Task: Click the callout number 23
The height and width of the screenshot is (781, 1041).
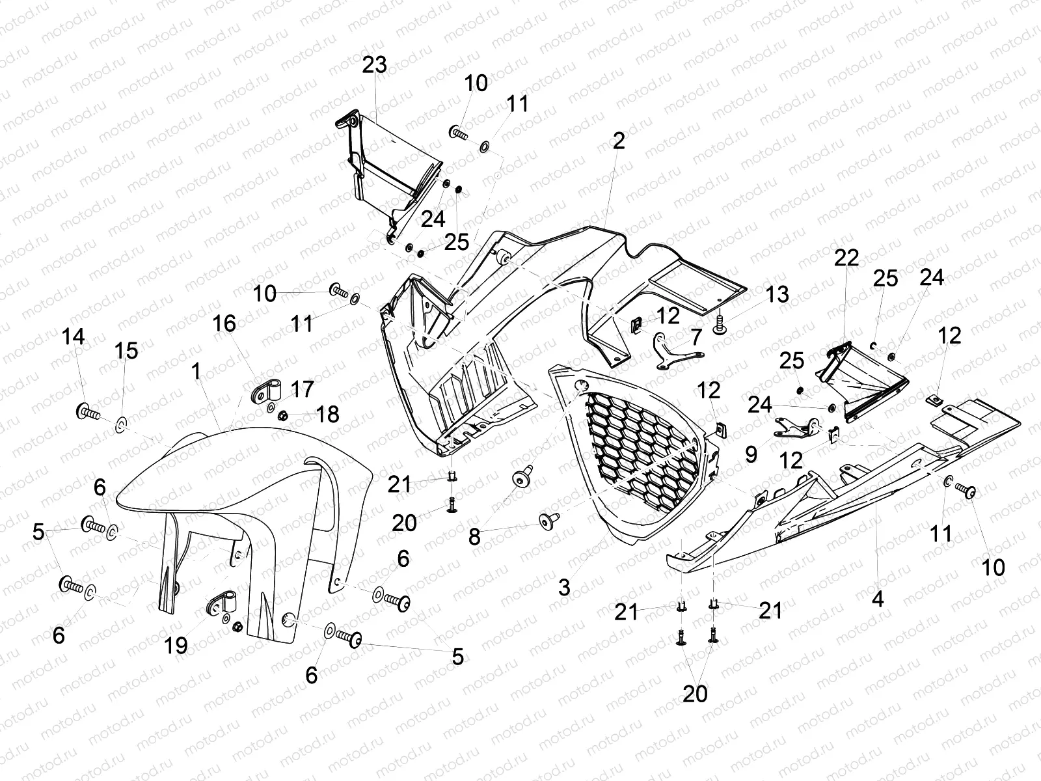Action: click(x=375, y=65)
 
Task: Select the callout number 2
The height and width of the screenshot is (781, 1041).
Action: click(x=618, y=141)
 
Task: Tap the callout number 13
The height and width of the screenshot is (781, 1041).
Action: click(x=777, y=295)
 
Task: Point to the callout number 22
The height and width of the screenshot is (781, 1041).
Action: click(x=847, y=258)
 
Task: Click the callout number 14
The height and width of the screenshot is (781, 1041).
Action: click(x=74, y=337)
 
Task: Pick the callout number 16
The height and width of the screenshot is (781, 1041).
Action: click(x=224, y=323)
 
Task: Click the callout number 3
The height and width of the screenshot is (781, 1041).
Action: click(x=563, y=588)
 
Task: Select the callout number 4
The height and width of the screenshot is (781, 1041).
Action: click(x=878, y=599)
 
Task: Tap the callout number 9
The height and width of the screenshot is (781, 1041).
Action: click(x=751, y=454)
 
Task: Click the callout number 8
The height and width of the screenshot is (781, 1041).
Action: click(x=474, y=536)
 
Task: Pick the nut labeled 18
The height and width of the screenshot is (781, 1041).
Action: click(x=284, y=415)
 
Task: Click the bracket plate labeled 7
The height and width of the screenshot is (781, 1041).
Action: click(x=677, y=352)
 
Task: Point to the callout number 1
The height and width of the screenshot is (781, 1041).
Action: click(x=196, y=372)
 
